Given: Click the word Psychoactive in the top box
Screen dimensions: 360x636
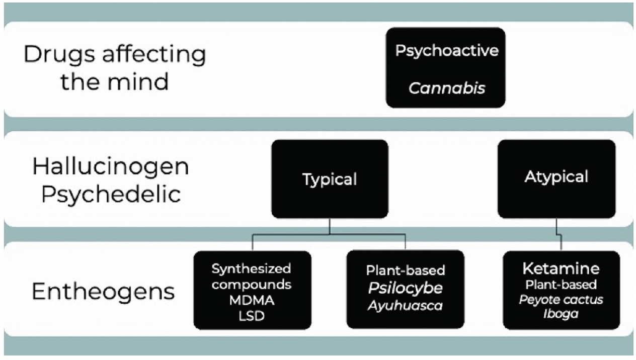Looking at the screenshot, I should coord(445,51).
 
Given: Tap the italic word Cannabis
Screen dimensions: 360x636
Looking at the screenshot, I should coord(446,88).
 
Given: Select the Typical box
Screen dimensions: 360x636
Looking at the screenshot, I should coord(330,179).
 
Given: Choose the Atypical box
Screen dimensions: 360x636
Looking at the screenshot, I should coord(556,177).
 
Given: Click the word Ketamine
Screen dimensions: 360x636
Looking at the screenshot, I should coord(561,268).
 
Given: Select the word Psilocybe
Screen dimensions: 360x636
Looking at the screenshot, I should coord(405,288).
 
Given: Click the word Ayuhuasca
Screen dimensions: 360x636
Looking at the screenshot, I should coord(405,304).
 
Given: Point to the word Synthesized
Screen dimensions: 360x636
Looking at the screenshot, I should coord(252,268).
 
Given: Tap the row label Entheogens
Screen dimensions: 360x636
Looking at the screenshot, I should coord(103,292).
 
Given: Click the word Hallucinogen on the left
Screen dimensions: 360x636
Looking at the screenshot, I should coord(111,166).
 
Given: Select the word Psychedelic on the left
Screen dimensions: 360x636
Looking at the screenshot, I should coord(111,195).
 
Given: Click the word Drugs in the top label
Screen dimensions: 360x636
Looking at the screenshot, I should coord(55,54).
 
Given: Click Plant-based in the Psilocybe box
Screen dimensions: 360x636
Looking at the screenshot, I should coord(405,271).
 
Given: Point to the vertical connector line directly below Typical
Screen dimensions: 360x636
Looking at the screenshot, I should coord(330,226).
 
